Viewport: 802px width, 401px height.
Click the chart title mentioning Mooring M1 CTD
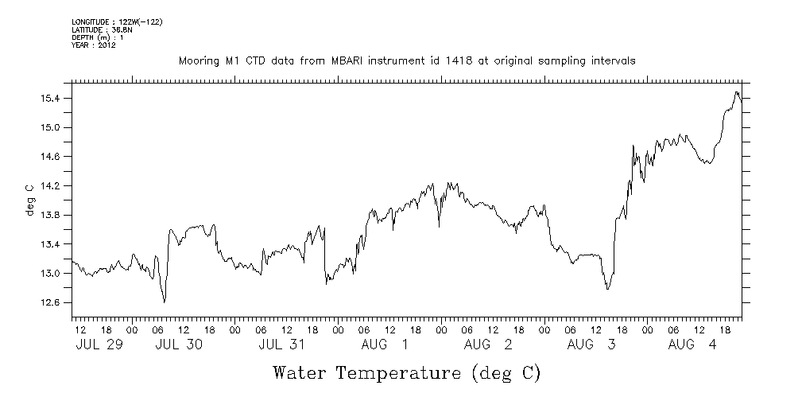click(x=406, y=60)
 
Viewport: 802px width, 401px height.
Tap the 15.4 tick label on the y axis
click(x=50, y=98)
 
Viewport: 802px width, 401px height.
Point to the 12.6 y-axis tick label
click(x=50, y=302)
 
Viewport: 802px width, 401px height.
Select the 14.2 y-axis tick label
click(x=50, y=185)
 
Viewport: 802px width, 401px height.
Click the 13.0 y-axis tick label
click(x=50, y=273)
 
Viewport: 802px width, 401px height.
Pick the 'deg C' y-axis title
click(x=29, y=200)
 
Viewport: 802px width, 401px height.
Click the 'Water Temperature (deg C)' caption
click(x=406, y=372)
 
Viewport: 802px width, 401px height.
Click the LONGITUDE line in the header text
click(x=117, y=21)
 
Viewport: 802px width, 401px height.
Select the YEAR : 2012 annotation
click(x=94, y=45)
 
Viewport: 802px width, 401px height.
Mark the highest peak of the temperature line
click(x=737, y=92)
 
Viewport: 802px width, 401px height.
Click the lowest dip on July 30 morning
click(x=165, y=302)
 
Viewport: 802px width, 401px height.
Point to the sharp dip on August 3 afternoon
click(x=608, y=288)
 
